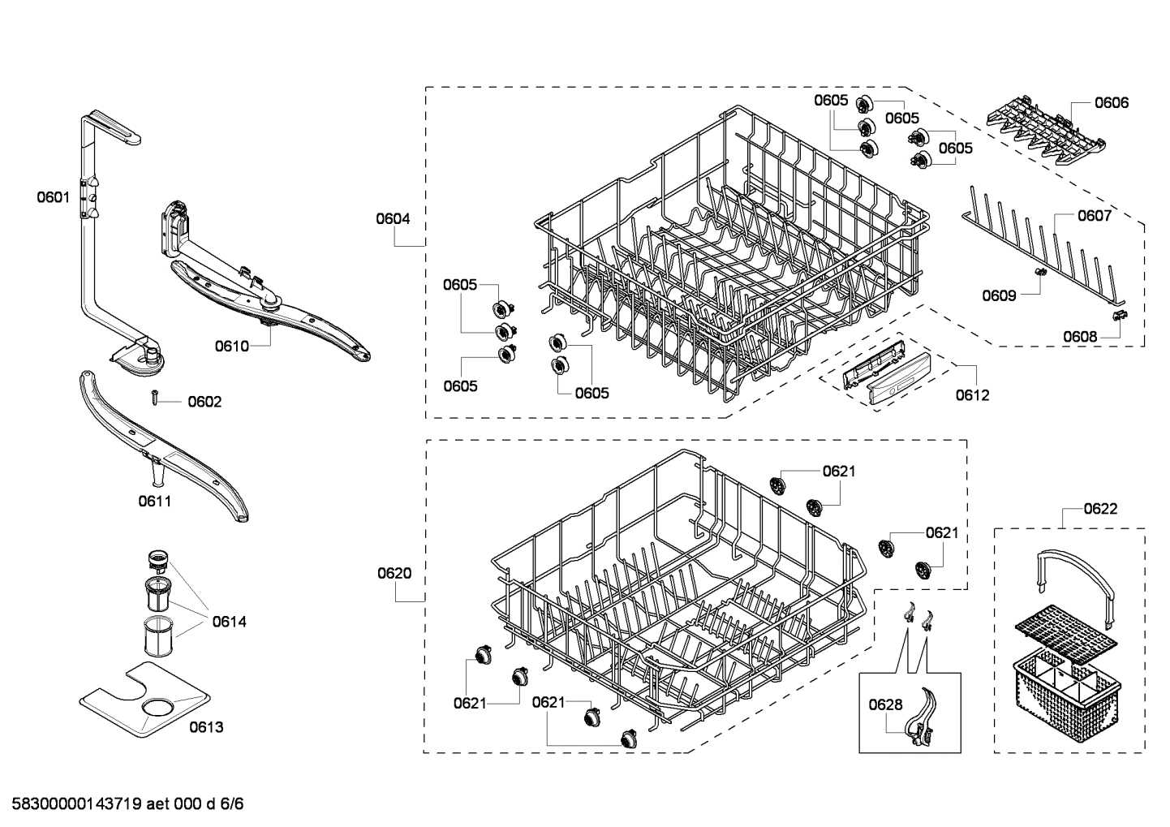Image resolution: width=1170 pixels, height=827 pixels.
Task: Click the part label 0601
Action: pos(53,196)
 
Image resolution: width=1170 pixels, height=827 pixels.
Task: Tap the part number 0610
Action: pos(231,347)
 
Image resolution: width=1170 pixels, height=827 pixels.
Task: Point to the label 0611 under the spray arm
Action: pos(154,501)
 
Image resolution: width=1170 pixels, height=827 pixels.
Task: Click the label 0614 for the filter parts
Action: pos(229,622)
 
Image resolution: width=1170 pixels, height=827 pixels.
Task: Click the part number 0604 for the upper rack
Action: pos(393,218)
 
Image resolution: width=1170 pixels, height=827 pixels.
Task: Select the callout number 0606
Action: pos(1111,102)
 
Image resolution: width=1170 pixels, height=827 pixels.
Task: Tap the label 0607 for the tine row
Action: pos(1094,216)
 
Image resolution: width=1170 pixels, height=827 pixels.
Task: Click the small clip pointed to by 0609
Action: pos(1039,274)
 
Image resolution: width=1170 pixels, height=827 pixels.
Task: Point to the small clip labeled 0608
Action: pos(1119,316)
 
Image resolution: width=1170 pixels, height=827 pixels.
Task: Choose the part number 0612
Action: pos(971,395)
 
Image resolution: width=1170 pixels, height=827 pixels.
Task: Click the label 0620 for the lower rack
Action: pos(394,573)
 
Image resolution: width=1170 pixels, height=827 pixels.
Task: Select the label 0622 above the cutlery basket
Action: pos(1099,509)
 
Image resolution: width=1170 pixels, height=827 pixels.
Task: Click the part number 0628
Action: pos(884,704)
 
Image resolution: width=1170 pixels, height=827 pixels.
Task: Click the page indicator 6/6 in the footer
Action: pos(231,804)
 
